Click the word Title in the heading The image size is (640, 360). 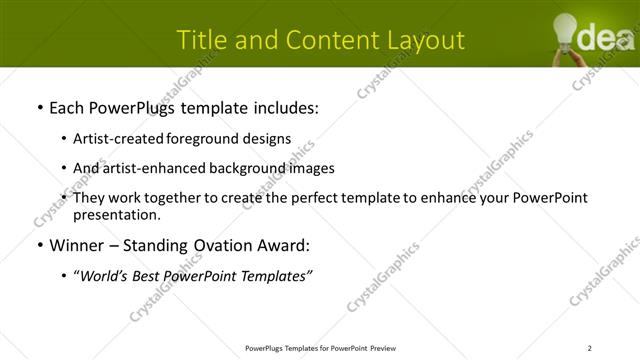tap(200, 40)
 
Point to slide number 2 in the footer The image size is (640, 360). tap(590, 348)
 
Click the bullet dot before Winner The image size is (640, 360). tap(38, 245)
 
